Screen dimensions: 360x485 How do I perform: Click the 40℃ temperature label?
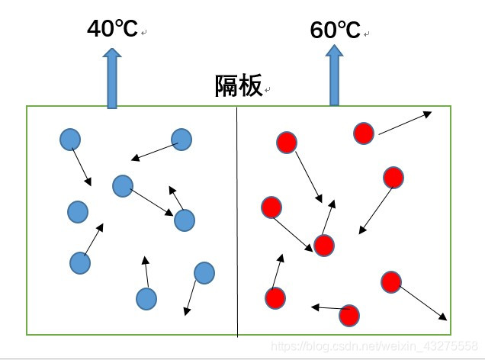tap(112, 30)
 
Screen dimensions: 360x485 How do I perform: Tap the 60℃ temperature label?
tap(335, 31)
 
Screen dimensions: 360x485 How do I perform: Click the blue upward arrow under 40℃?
tap(112, 78)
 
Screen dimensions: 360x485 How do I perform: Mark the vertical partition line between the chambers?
tap(237, 221)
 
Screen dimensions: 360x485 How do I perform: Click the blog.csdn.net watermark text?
tap(374, 347)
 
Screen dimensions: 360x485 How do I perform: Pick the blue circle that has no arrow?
tap(78, 211)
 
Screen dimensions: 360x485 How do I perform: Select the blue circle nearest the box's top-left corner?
tap(70, 140)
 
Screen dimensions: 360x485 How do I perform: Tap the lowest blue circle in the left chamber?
tap(146, 299)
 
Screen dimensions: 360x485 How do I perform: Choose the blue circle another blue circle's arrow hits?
tap(184, 220)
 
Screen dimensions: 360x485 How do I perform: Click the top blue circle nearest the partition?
tap(181, 140)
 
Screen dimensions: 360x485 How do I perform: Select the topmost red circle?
tap(364, 133)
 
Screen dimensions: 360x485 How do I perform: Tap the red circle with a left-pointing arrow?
tap(348, 314)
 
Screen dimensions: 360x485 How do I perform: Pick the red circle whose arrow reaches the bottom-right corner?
tap(390, 281)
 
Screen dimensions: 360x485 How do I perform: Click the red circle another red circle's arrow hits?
tap(324, 246)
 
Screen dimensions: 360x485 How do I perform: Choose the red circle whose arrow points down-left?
tap(393, 178)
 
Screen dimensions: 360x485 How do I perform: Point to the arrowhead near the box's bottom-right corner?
tap(443, 317)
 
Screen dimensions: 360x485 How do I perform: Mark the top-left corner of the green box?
tap(27, 107)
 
